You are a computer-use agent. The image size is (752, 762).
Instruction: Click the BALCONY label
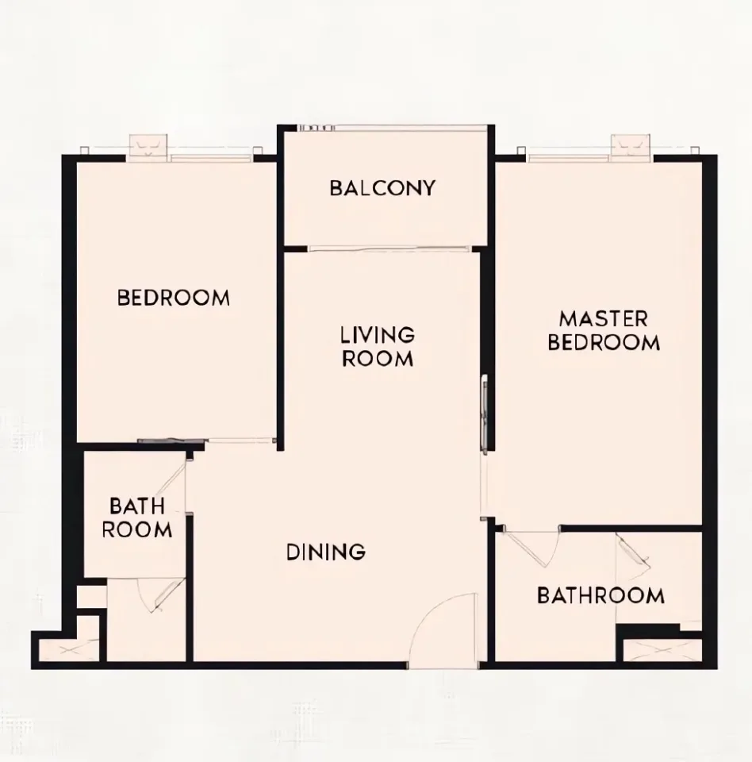click(382, 188)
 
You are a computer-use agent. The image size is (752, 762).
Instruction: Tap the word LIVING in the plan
click(378, 335)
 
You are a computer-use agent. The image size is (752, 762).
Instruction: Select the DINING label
click(326, 552)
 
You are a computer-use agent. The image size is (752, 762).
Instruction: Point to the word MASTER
click(604, 319)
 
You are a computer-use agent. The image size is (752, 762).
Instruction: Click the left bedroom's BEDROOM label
click(174, 298)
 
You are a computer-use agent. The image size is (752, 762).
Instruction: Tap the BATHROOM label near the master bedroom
click(600, 595)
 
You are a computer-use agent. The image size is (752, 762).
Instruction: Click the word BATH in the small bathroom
click(137, 506)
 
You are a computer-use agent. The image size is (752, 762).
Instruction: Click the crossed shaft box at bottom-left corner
click(69, 650)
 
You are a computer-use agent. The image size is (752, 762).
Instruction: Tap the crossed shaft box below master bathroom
click(662, 650)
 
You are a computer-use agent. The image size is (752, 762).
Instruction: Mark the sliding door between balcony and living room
click(389, 249)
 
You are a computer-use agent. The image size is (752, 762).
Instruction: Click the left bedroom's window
click(212, 158)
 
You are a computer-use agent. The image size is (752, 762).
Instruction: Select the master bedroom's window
click(569, 157)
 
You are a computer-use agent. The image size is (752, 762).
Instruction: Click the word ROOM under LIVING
click(378, 359)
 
